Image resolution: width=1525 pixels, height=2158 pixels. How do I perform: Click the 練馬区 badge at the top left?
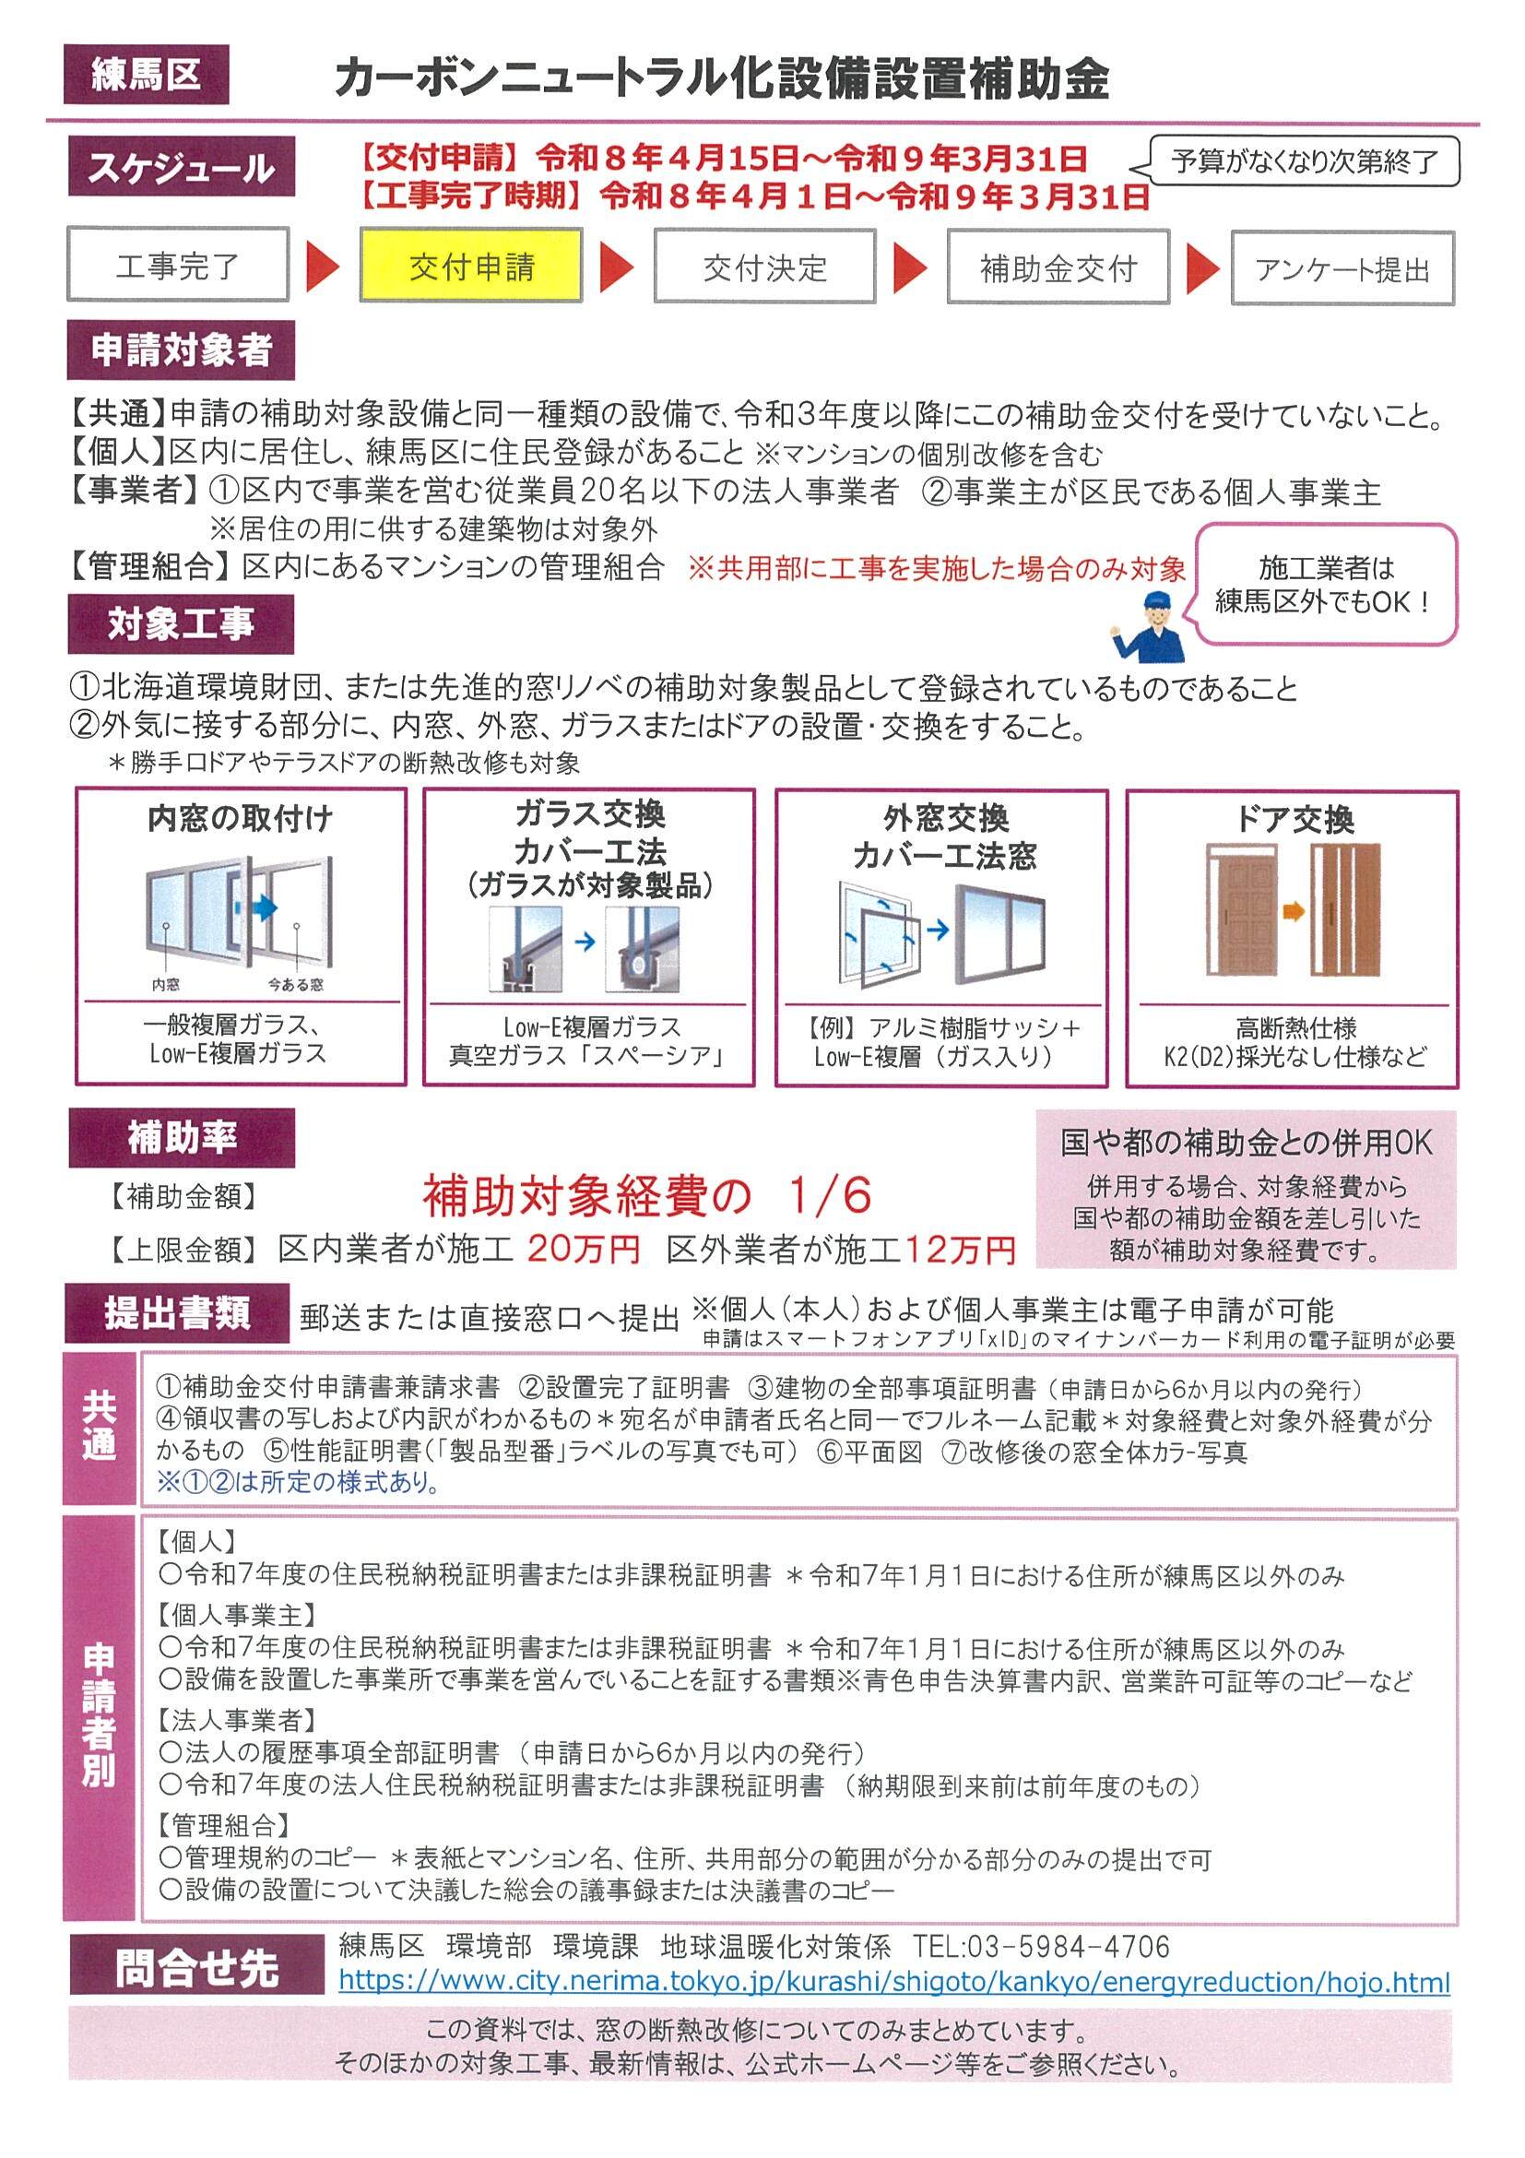[146, 75]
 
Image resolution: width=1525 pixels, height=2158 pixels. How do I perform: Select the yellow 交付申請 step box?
[471, 266]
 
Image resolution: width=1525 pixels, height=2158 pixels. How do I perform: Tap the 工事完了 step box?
[178, 265]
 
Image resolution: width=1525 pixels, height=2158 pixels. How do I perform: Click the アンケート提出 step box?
[1342, 268]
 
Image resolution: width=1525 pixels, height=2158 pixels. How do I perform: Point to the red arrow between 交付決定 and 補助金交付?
[909, 267]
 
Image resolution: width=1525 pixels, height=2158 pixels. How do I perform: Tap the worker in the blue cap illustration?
[1148, 627]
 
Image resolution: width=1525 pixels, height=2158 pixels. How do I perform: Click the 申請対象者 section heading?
[181, 350]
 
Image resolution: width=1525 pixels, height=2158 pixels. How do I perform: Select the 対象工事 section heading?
[181, 624]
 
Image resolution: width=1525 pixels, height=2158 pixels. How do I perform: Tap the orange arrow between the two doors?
[1294, 911]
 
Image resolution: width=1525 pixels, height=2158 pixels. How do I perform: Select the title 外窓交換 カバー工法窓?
[944, 837]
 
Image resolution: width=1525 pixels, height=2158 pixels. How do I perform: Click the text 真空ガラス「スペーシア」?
[588, 1057]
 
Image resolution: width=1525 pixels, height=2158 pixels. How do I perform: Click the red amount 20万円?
[584, 1249]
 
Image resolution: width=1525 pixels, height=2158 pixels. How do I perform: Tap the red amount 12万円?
[961, 1249]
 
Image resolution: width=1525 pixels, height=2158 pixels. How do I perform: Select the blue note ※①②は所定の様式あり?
[298, 1482]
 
